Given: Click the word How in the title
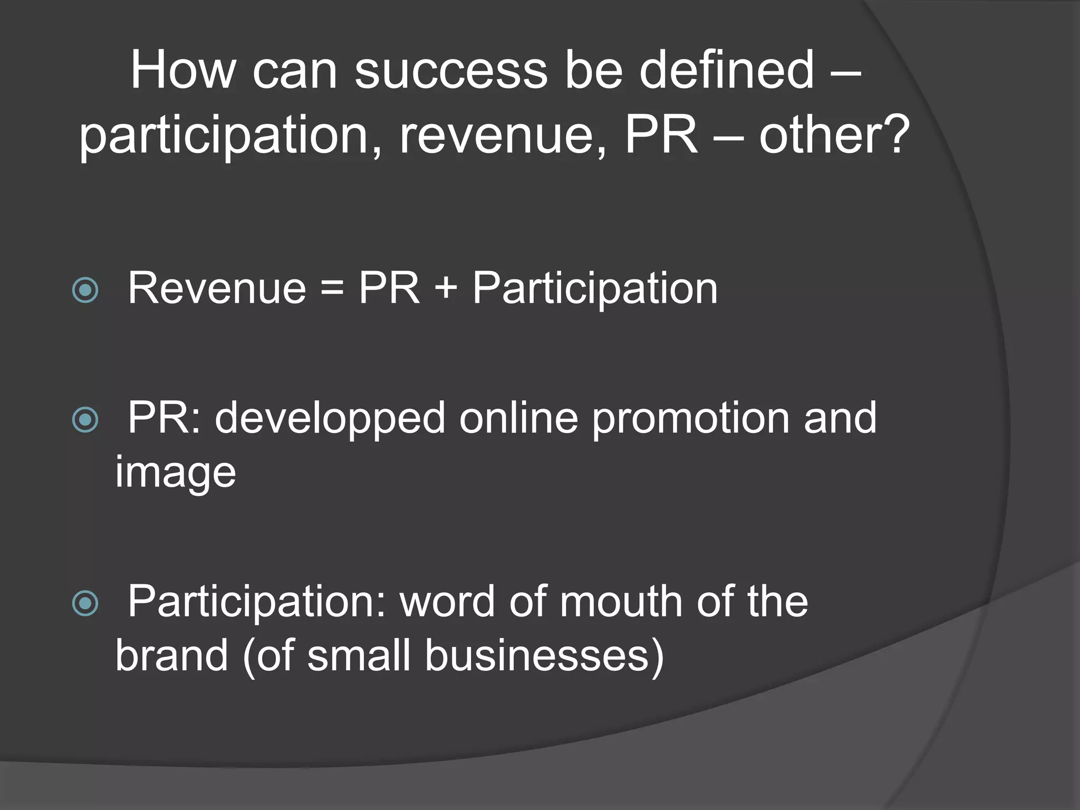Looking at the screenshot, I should [x=182, y=70].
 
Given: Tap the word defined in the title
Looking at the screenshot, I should [x=727, y=70].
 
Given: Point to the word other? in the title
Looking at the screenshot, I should [x=834, y=136].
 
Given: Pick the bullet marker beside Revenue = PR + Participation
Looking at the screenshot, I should [x=85, y=290].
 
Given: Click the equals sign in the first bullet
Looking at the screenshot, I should [x=332, y=289].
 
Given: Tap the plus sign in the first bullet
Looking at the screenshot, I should [x=446, y=289].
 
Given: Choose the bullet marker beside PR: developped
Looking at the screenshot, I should [x=85, y=420].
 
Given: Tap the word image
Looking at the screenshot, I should [x=176, y=474].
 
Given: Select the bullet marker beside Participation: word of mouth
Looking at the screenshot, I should [x=85, y=603].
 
